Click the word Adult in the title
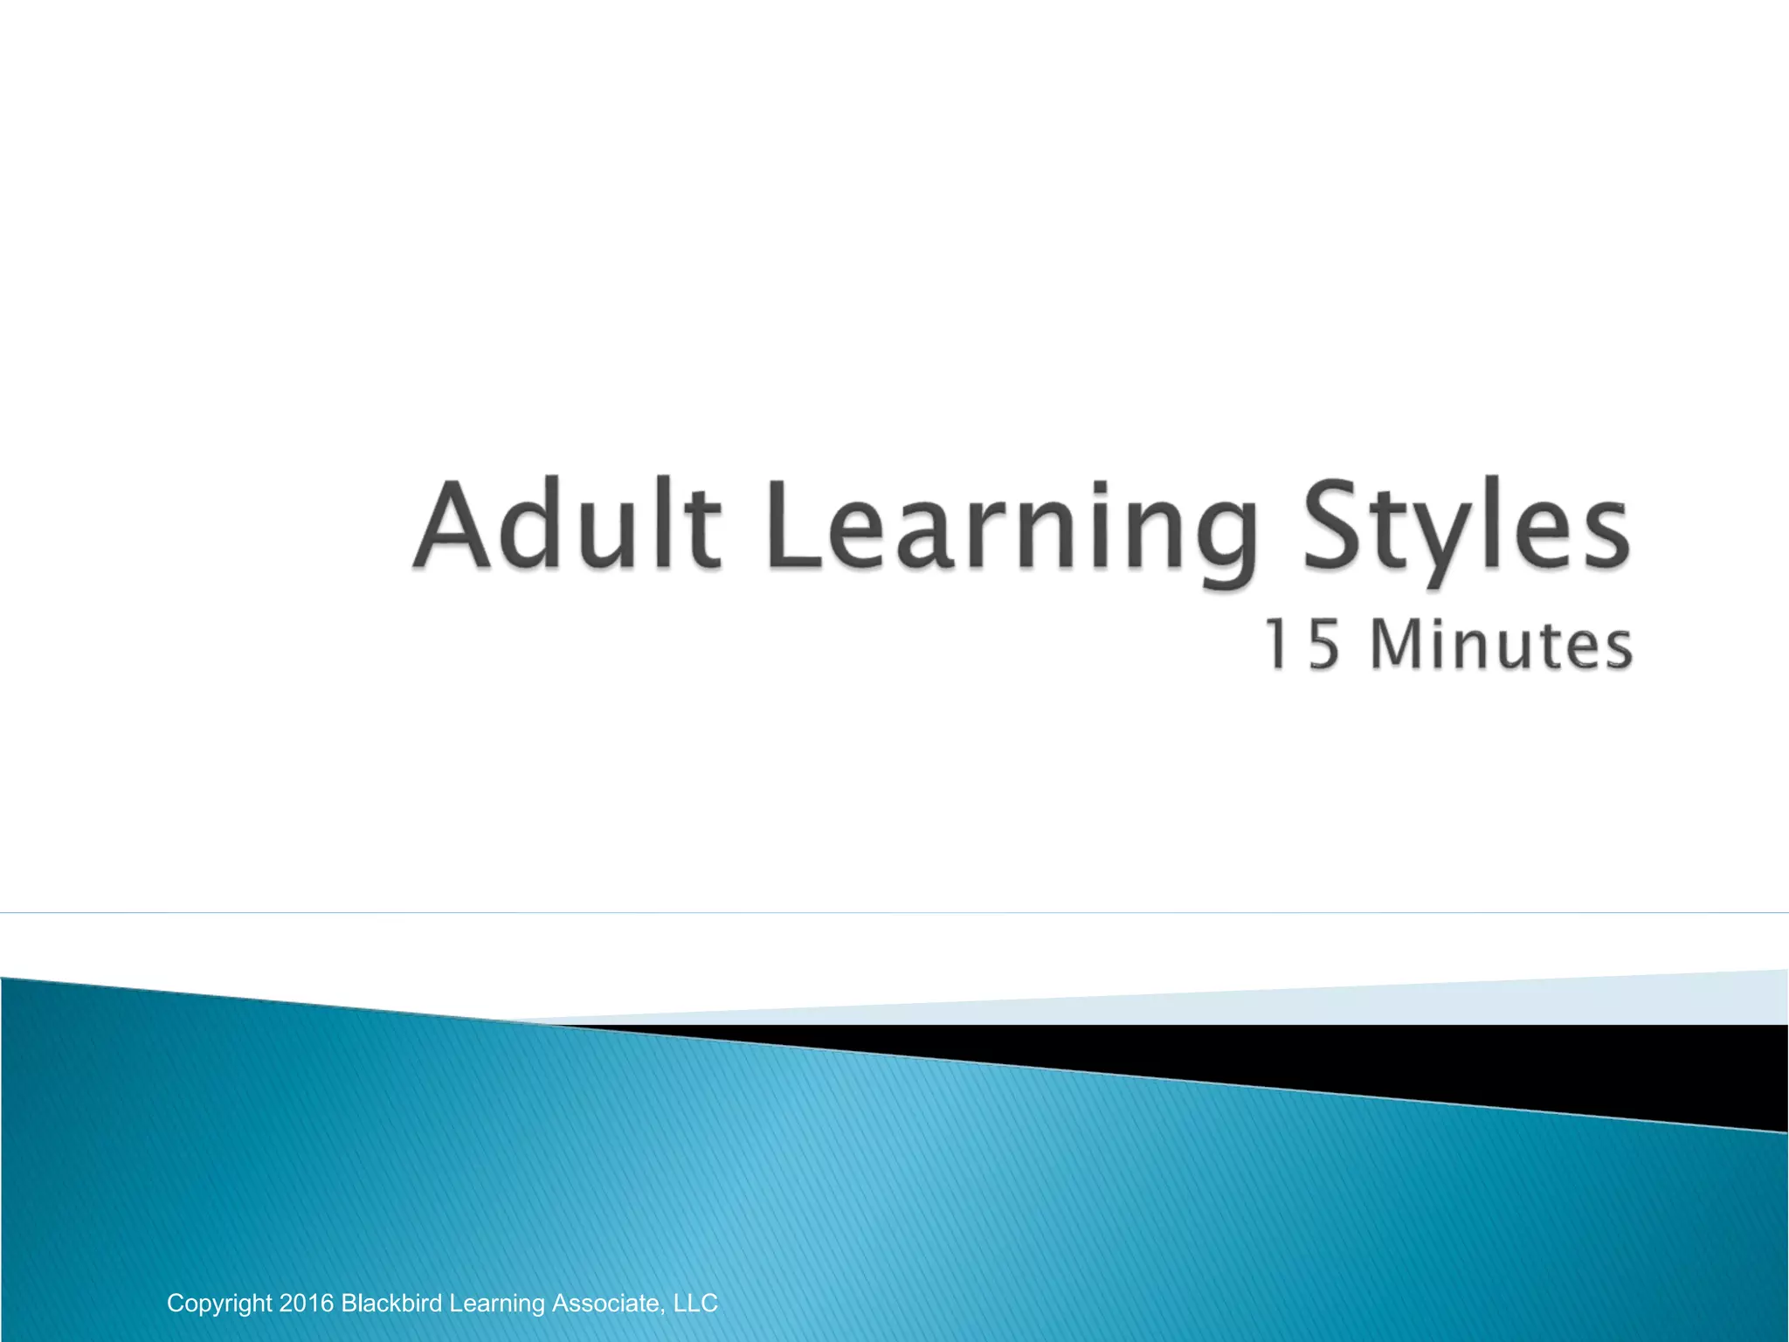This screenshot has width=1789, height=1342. pos(568,525)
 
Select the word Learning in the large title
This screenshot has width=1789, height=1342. pos(1013,529)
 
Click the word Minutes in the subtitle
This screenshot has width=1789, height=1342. pos(1501,645)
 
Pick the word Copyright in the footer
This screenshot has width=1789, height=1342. pos(219,1304)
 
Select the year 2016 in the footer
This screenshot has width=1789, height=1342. pos(306,1304)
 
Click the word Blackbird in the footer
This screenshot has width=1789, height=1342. pos(391,1304)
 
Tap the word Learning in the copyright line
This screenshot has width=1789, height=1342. pos(496,1304)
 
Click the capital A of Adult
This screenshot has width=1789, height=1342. pos(452,525)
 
